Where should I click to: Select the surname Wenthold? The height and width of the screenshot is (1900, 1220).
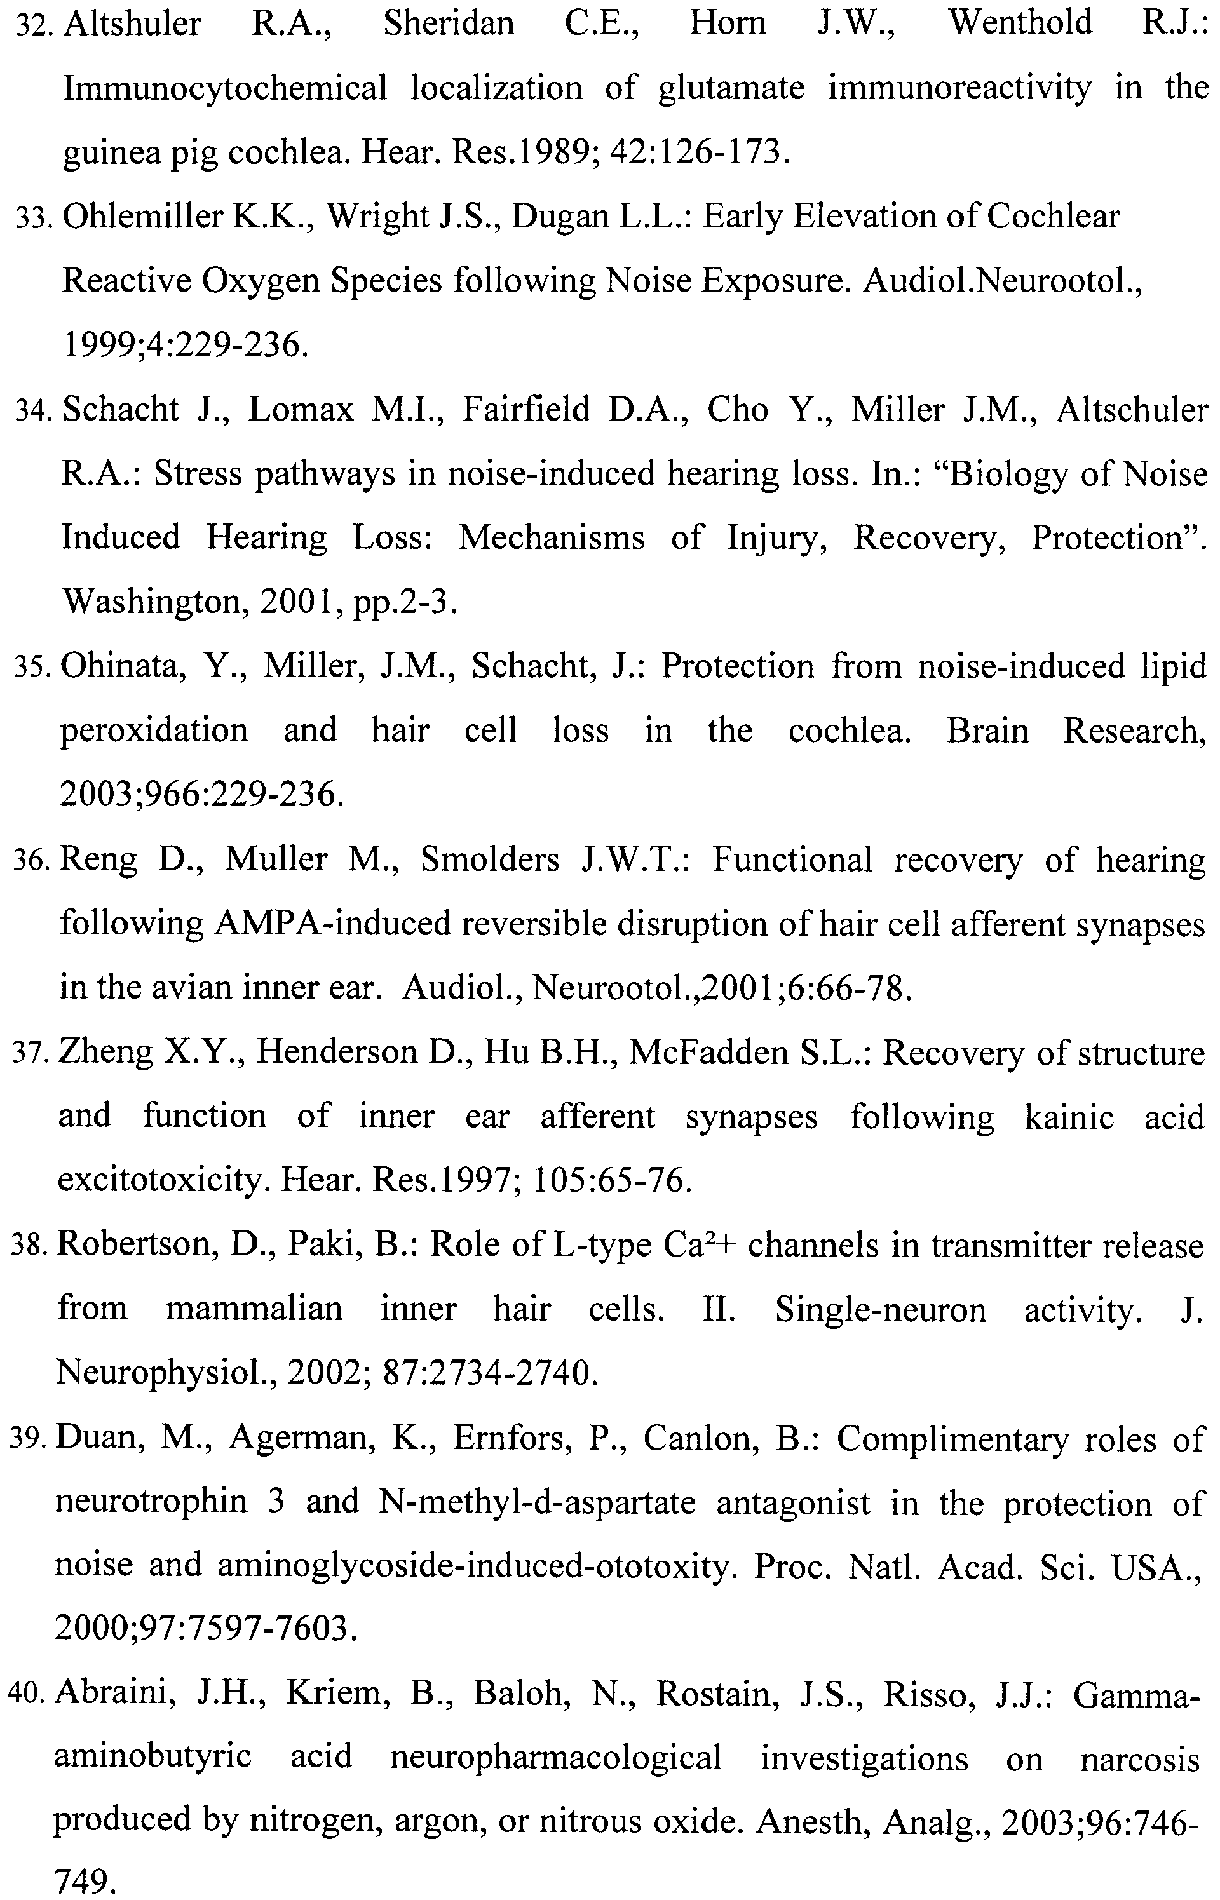[1020, 22]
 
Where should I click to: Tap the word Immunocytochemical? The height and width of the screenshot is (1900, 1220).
[225, 87]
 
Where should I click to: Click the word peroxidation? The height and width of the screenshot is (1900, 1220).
[154, 731]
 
